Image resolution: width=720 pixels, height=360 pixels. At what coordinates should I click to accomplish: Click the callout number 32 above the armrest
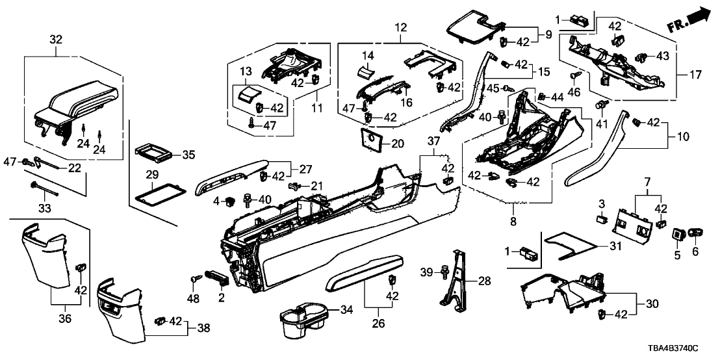pos(57,40)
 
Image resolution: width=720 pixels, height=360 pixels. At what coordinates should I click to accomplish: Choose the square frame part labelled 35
pos(154,154)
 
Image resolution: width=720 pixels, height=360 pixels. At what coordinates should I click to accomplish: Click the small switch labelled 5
pos(680,232)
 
